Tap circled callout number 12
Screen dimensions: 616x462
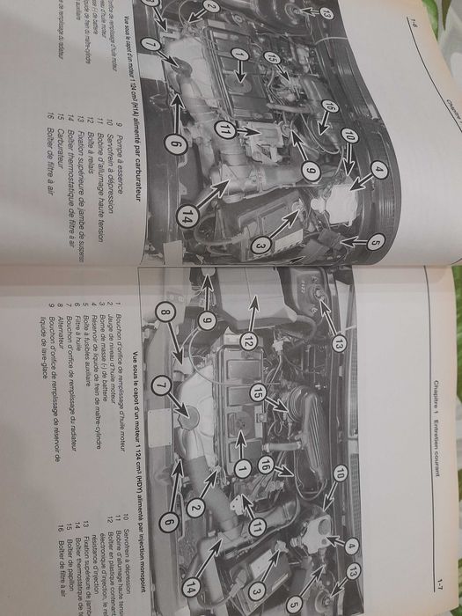250,339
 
